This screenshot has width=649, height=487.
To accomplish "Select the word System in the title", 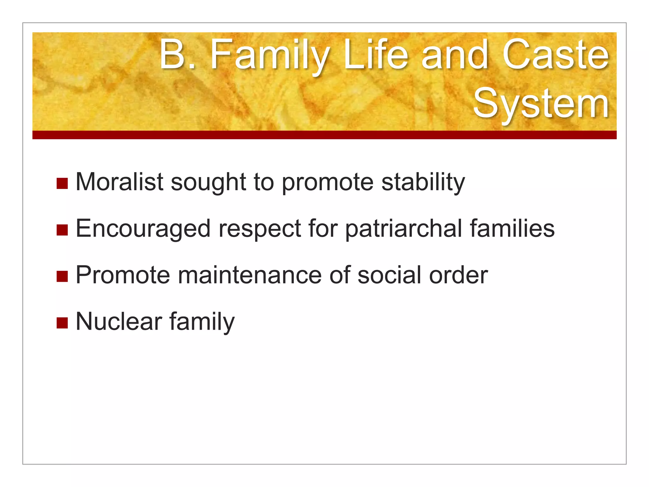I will point(541,103).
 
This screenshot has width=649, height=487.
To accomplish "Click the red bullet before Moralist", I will point(62,184).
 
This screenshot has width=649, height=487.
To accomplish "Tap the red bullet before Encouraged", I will point(62,230).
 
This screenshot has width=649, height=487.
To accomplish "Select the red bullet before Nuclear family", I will point(62,323).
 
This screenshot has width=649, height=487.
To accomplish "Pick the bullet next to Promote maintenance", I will point(62,276).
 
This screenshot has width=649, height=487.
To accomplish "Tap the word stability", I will point(423,182).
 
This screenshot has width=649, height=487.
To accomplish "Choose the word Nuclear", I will point(119,321).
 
